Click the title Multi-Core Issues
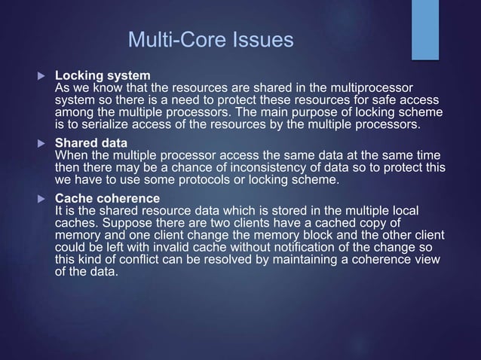coord(210,39)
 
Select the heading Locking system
coord(103,76)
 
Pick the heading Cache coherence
coord(107,199)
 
